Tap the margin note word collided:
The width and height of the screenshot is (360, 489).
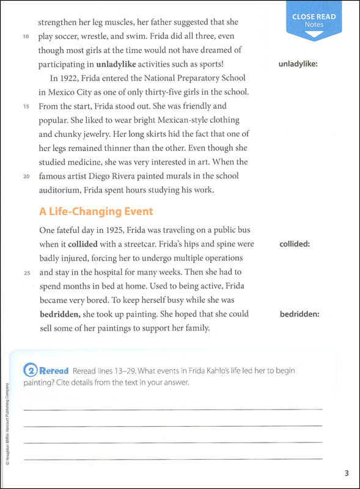click(295, 244)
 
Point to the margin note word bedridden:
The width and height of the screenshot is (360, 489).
click(300, 315)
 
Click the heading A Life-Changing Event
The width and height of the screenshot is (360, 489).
click(96, 211)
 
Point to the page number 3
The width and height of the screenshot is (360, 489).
click(346, 472)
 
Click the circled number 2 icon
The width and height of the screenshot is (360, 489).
click(29, 370)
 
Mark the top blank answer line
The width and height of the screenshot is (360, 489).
click(172, 408)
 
